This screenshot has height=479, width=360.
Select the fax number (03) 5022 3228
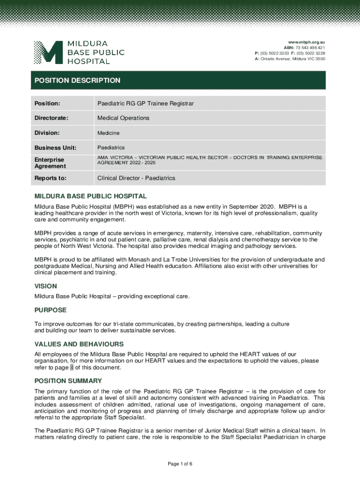tap(311, 53)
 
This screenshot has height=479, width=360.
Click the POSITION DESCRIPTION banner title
tap(78, 80)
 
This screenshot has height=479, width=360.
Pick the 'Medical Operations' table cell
tap(123, 118)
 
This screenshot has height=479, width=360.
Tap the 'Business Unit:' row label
tap(55, 148)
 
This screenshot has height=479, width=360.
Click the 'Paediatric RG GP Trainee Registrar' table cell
tap(145, 103)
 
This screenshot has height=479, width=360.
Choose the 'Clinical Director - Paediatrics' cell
tap(136, 178)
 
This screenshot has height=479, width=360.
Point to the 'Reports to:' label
tap(50, 178)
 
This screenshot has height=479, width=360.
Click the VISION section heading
tap(46, 286)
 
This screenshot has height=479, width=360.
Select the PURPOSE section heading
tap(50, 310)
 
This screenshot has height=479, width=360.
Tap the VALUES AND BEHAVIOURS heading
tap(79, 344)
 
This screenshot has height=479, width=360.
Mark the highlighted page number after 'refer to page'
tap(72, 368)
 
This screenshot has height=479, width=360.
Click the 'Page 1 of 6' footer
tap(180, 464)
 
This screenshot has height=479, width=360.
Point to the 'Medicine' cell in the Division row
tap(108, 133)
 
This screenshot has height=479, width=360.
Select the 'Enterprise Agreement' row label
tap(50, 163)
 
